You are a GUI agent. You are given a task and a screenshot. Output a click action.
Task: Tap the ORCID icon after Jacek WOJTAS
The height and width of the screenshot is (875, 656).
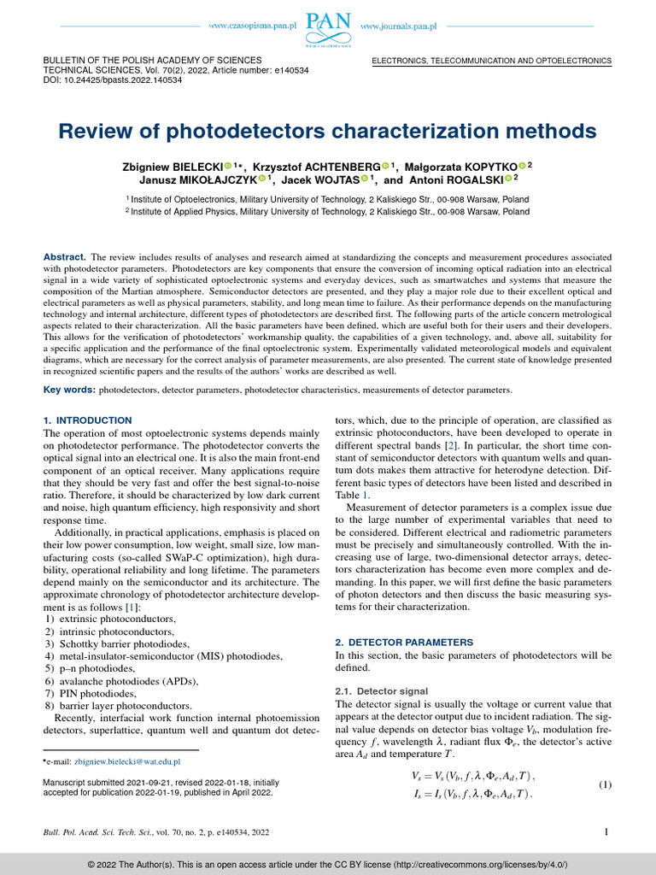click(365, 179)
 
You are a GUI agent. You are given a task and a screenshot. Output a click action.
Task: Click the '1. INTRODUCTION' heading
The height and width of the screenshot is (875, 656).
click(87, 420)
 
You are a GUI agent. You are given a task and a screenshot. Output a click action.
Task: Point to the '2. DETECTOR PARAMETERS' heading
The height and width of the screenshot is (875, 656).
click(403, 642)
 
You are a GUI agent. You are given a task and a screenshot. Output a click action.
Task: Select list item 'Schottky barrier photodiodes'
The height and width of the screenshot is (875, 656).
click(119, 643)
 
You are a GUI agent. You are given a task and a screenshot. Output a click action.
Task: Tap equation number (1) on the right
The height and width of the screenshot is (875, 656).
click(605, 785)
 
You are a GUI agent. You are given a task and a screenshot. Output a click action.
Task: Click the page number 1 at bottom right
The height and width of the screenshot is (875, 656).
click(605, 831)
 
